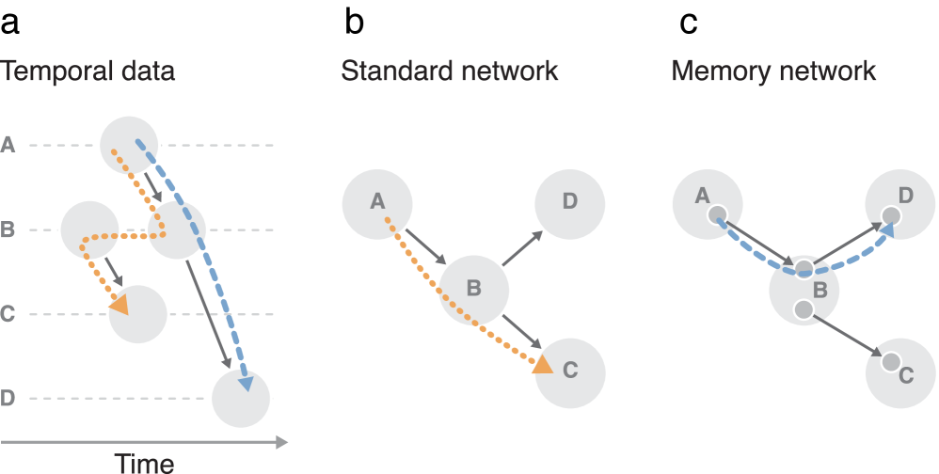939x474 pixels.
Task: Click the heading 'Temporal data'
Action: click(87, 71)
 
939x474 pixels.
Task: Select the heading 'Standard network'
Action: click(449, 71)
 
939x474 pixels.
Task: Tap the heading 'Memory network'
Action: click(773, 71)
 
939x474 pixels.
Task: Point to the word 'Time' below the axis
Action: click(144, 462)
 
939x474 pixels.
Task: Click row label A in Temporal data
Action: click(8, 145)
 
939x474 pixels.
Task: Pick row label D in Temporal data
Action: click(8, 398)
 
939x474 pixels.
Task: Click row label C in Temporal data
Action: click(8, 314)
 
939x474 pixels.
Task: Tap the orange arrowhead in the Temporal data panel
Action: click(119, 305)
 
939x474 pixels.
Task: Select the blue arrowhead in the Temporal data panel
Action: click(245, 383)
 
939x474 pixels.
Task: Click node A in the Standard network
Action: click(377, 201)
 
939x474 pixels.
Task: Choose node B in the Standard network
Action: click(473, 288)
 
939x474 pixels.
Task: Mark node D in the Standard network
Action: click(570, 201)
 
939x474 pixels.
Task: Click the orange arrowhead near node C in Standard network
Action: click(542, 365)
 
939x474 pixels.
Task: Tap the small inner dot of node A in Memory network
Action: click(717, 214)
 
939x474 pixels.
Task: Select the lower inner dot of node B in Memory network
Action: click(803, 309)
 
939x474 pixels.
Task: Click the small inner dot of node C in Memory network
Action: click(890, 360)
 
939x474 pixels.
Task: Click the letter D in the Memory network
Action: click(905, 196)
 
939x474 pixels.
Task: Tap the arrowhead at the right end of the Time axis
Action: click(281, 441)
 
